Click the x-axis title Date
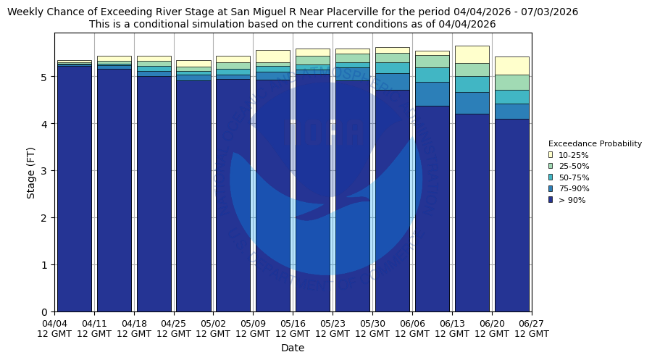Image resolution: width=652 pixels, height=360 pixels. (293, 348)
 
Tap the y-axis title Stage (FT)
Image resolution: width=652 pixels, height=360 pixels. (31, 172)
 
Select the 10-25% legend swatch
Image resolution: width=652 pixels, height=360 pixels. (551, 155)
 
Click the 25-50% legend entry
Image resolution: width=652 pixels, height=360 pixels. (573, 167)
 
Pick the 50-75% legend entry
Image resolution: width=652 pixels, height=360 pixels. (573, 177)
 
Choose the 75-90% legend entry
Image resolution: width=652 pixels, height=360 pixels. (573, 189)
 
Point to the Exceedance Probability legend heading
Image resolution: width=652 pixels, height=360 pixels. (595, 143)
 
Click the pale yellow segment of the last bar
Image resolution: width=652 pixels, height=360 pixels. (511, 65)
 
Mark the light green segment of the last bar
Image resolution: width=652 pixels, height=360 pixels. (511, 82)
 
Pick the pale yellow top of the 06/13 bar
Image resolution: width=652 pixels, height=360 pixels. (472, 54)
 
